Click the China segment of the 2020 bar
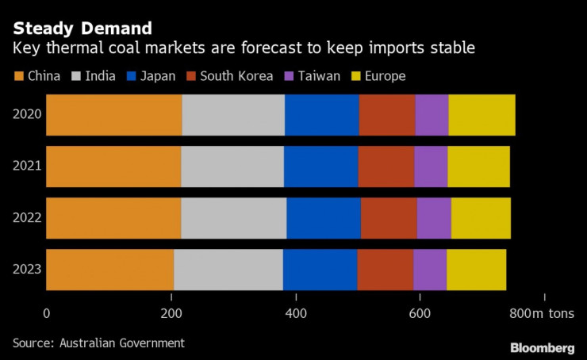pos(113,114)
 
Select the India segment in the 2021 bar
pos(232,166)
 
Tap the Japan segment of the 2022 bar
pos(324,218)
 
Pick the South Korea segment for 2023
pos(385,270)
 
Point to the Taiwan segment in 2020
pos(432,114)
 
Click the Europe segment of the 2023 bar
pos(476,270)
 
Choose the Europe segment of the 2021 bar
pos(478,166)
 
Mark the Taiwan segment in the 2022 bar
pos(434,218)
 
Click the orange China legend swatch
pos(19,76)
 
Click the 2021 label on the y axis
pos(27,166)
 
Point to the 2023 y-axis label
pos(27,270)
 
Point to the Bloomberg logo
pos(542,347)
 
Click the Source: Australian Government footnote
pos(98,343)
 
